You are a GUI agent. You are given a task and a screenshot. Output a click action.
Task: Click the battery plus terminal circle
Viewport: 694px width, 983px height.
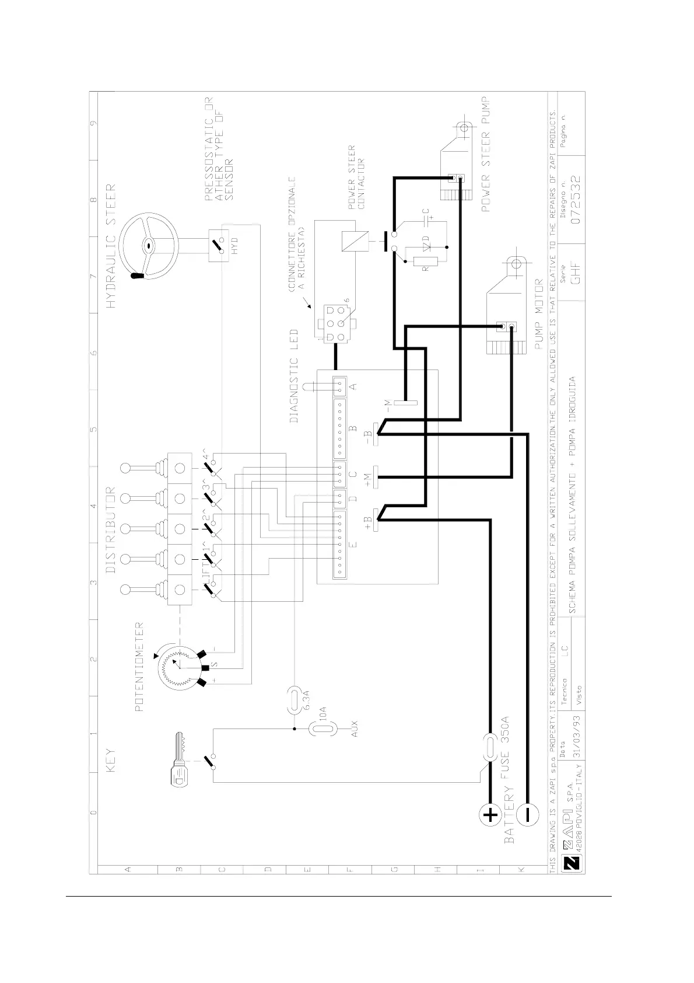(x=490, y=815)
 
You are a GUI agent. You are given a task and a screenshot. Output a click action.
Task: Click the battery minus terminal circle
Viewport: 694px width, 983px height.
(x=528, y=813)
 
